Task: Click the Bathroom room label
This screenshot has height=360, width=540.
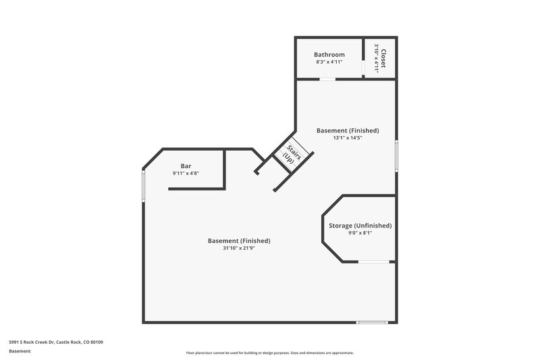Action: pyautogui.click(x=329, y=54)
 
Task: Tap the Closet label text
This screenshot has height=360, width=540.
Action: pyautogui.click(x=383, y=57)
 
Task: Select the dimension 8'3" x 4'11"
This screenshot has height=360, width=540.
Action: pyautogui.click(x=329, y=62)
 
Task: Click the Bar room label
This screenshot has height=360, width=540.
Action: pyautogui.click(x=186, y=165)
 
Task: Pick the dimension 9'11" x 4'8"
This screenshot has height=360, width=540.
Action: pyautogui.click(x=186, y=174)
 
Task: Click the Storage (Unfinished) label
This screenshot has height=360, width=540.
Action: pyautogui.click(x=360, y=226)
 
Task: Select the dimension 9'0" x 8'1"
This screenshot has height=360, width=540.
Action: pyautogui.click(x=360, y=234)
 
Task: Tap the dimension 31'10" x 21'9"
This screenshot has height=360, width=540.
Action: pyautogui.click(x=239, y=248)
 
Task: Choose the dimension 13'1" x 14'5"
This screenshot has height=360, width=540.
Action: pyautogui.click(x=348, y=138)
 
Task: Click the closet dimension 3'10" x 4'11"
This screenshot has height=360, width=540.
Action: pyautogui.click(x=375, y=57)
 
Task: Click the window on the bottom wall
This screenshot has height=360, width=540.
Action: pyautogui.click(x=371, y=322)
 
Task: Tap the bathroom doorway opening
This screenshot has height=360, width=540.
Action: pyautogui.click(x=327, y=79)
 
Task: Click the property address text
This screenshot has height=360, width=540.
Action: pyautogui.click(x=56, y=342)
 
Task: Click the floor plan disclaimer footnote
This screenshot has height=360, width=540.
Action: pyautogui.click(x=270, y=353)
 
